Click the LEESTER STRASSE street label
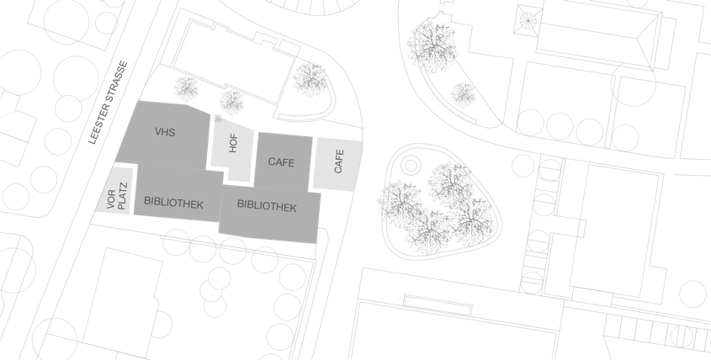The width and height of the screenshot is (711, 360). [x=109, y=103]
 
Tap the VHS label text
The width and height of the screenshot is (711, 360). [x=165, y=132]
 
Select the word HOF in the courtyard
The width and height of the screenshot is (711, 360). [x=234, y=143]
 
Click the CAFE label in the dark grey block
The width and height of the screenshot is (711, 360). [x=281, y=161]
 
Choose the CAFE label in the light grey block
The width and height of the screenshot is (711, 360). [x=339, y=161]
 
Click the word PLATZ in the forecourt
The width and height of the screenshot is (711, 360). [x=121, y=196]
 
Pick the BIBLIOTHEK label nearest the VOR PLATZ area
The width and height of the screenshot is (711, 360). [x=173, y=203]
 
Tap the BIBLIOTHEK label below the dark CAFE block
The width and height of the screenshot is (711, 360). [x=267, y=206]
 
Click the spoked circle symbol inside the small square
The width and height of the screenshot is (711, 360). [x=528, y=20]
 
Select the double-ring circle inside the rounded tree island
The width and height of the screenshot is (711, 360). [x=411, y=165]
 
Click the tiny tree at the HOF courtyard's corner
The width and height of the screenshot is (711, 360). [x=218, y=119]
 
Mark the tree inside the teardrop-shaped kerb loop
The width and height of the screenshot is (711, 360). [x=310, y=80]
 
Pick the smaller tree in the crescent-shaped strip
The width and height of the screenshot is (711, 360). [x=463, y=95]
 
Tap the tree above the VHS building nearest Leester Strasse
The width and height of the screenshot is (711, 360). [x=186, y=88]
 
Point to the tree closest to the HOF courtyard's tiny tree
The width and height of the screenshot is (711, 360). [x=231, y=102]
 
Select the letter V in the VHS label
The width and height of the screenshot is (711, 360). [x=158, y=132]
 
